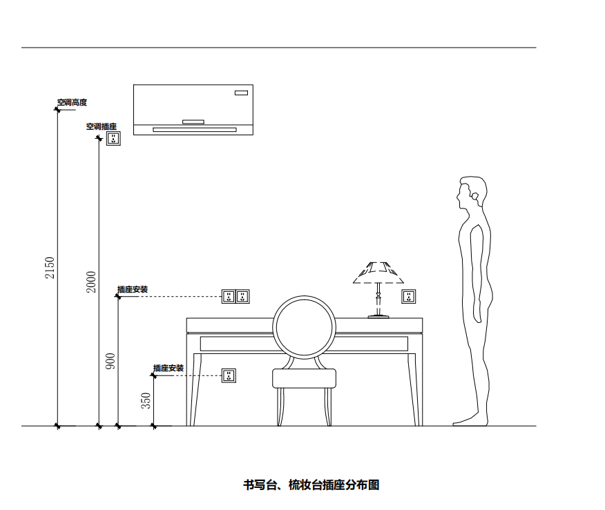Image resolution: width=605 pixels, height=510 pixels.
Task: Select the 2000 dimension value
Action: coord(91,282)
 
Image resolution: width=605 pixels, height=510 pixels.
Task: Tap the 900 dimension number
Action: coord(111,361)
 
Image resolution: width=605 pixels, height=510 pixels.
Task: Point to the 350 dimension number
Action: coord(146,401)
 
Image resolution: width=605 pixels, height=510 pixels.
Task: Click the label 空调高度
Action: coord(72,103)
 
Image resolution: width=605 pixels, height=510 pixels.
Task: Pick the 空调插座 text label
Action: coord(101,127)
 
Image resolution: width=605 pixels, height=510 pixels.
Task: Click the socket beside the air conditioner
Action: coord(113,139)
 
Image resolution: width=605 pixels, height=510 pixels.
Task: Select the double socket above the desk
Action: coord(235,297)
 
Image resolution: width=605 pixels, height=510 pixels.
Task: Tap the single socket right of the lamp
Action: coord(409,297)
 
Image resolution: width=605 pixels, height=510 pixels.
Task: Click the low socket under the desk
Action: coord(229,375)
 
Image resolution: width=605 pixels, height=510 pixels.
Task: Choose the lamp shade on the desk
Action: coord(378,273)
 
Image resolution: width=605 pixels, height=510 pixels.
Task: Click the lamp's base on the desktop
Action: coord(378,316)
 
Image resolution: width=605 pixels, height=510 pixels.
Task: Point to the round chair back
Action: coord(304,326)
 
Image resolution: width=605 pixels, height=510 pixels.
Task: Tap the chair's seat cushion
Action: coord(304,378)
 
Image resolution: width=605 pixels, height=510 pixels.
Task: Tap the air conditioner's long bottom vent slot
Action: coord(194,129)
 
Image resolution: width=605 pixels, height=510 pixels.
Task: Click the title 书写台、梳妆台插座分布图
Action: coord(311,485)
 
